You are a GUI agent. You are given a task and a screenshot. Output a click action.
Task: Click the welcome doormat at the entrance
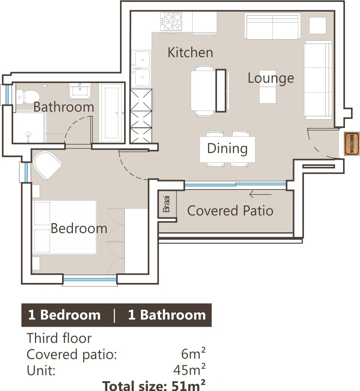pos(352,144)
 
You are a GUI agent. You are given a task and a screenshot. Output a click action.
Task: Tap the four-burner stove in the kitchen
pos(171,21)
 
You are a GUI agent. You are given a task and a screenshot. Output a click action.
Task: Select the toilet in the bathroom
pos(27,97)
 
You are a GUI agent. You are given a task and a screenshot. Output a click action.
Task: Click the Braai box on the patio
pos(167,204)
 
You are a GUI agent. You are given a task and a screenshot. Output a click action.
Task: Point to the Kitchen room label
pos(190,52)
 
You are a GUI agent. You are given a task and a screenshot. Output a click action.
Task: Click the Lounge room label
pos(271,79)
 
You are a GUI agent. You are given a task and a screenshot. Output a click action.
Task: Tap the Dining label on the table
pos(228,149)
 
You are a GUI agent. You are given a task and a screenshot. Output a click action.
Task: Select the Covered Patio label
pos(230,211)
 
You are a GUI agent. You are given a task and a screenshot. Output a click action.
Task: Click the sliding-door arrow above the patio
pos(260,194)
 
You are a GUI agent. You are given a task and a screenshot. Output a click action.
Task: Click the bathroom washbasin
pos(80,91)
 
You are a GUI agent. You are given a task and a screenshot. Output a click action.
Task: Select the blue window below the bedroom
pos(90,280)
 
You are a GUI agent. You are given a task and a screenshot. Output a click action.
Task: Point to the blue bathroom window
pos(7,95)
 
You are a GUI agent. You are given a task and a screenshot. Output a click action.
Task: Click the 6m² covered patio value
pos(193,354)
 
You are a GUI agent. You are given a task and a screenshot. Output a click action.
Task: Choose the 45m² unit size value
pos(190,370)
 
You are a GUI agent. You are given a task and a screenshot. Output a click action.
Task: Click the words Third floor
pos(59,338)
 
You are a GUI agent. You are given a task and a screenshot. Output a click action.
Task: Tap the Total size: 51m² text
pos(154,385)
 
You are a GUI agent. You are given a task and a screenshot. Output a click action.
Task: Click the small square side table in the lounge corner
pos(317,26)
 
